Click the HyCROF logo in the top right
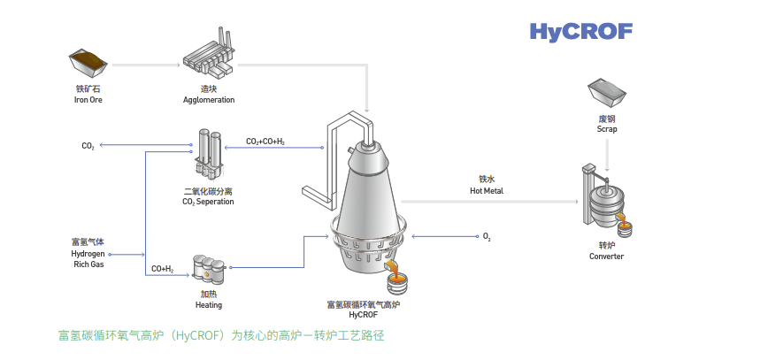[580, 32]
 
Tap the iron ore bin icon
[88, 63]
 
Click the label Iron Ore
[88, 100]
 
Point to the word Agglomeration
[209, 100]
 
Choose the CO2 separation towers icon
[209, 155]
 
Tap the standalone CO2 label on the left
[88, 146]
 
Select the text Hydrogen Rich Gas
[88, 253]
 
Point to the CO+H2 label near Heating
[162, 268]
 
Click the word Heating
[209, 305]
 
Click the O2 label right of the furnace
[487, 237]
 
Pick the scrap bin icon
[607, 93]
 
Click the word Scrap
[607, 129]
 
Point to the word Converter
[607, 257]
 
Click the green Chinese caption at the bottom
[222, 336]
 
